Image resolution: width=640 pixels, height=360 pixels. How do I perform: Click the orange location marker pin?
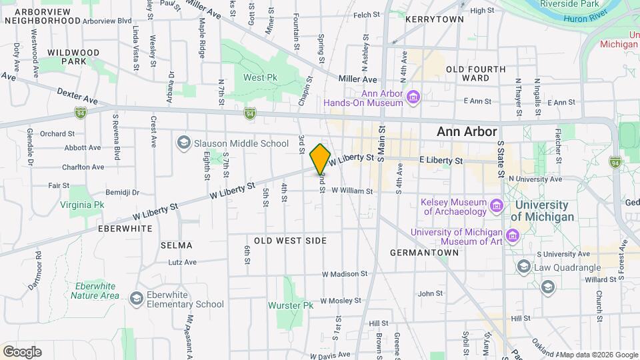[x=320, y=159]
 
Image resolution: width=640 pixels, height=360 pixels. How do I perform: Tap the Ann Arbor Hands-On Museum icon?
[x=413, y=99]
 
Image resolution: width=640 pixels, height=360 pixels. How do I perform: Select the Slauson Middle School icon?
[x=183, y=143]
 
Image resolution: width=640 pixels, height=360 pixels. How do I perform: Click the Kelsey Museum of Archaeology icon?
[x=496, y=206]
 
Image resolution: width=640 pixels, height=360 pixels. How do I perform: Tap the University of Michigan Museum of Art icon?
[x=512, y=235]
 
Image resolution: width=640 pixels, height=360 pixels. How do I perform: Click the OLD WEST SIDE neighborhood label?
[x=291, y=240]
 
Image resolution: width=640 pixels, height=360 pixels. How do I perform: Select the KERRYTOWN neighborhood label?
[x=434, y=19]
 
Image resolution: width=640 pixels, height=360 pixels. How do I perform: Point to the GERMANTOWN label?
[x=424, y=253]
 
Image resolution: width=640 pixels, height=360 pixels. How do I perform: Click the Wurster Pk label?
[x=290, y=305]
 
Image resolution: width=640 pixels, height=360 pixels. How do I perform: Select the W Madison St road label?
[x=344, y=274]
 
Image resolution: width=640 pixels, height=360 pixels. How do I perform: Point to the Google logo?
[x=22, y=352]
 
